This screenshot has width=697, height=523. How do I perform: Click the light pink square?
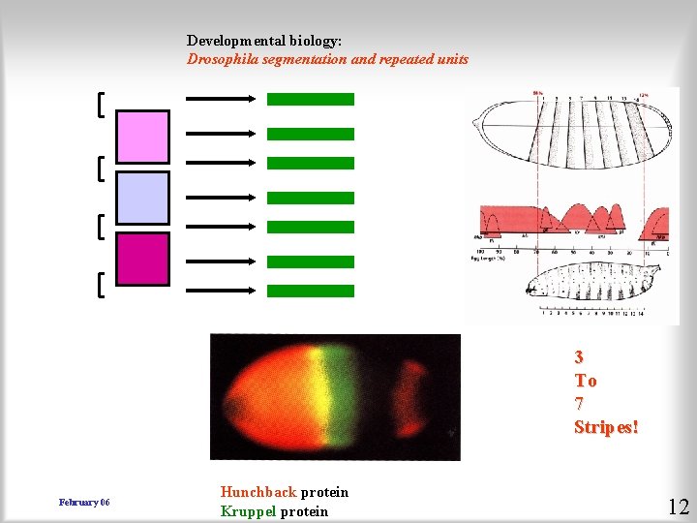(x=142, y=137)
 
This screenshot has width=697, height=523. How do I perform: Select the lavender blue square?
(x=142, y=198)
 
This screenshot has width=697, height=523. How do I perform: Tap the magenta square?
(x=142, y=259)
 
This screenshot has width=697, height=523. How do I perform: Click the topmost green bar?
(x=310, y=99)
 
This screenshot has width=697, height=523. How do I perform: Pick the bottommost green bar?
(x=310, y=291)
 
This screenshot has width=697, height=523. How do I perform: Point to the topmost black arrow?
(x=220, y=99)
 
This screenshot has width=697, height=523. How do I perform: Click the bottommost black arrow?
(x=220, y=291)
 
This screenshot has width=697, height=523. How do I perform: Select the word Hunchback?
(x=258, y=492)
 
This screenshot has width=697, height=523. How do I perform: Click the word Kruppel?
(x=248, y=511)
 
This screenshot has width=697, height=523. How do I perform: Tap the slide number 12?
(x=678, y=506)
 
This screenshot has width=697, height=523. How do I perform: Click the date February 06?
(x=84, y=503)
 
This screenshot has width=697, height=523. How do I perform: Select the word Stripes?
(x=606, y=427)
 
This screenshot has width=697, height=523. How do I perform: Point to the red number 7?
(x=579, y=404)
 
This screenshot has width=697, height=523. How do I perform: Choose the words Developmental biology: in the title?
(x=264, y=41)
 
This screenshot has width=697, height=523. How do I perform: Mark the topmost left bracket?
(x=102, y=104)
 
